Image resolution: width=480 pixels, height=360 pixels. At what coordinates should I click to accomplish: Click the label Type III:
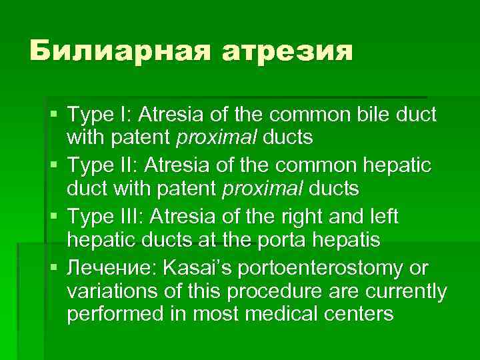(x=108, y=217)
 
